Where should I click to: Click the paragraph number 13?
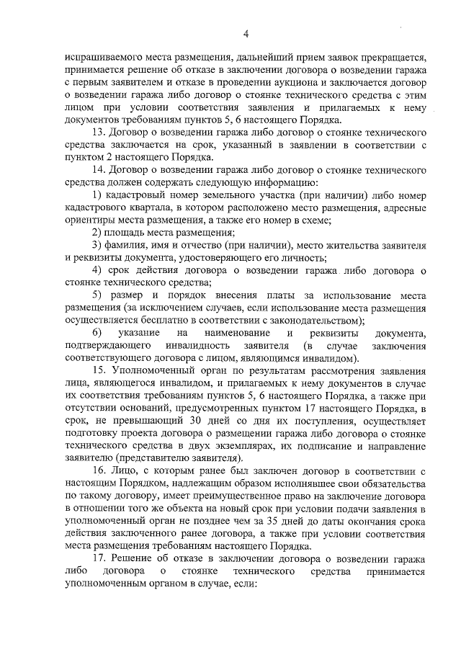pyautogui.click(x=99, y=133)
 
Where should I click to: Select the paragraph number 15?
pyautogui.click(x=99, y=370)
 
